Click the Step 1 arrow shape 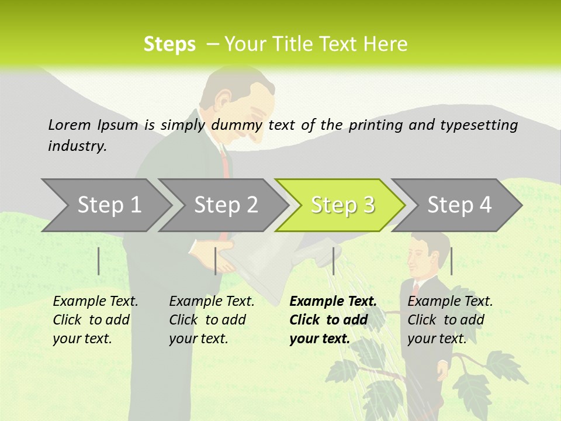click(105, 205)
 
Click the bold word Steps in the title click(169, 44)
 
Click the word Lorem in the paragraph click(66, 125)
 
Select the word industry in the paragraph click(77, 146)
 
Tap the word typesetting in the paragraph click(479, 125)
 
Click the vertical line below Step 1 click(99, 261)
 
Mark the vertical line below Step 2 click(216, 261)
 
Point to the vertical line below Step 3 click(333, 261)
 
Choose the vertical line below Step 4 click(451, 261)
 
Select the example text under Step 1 click(95, 320)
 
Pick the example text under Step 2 click(211, 320)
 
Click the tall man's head click(237, 99)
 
